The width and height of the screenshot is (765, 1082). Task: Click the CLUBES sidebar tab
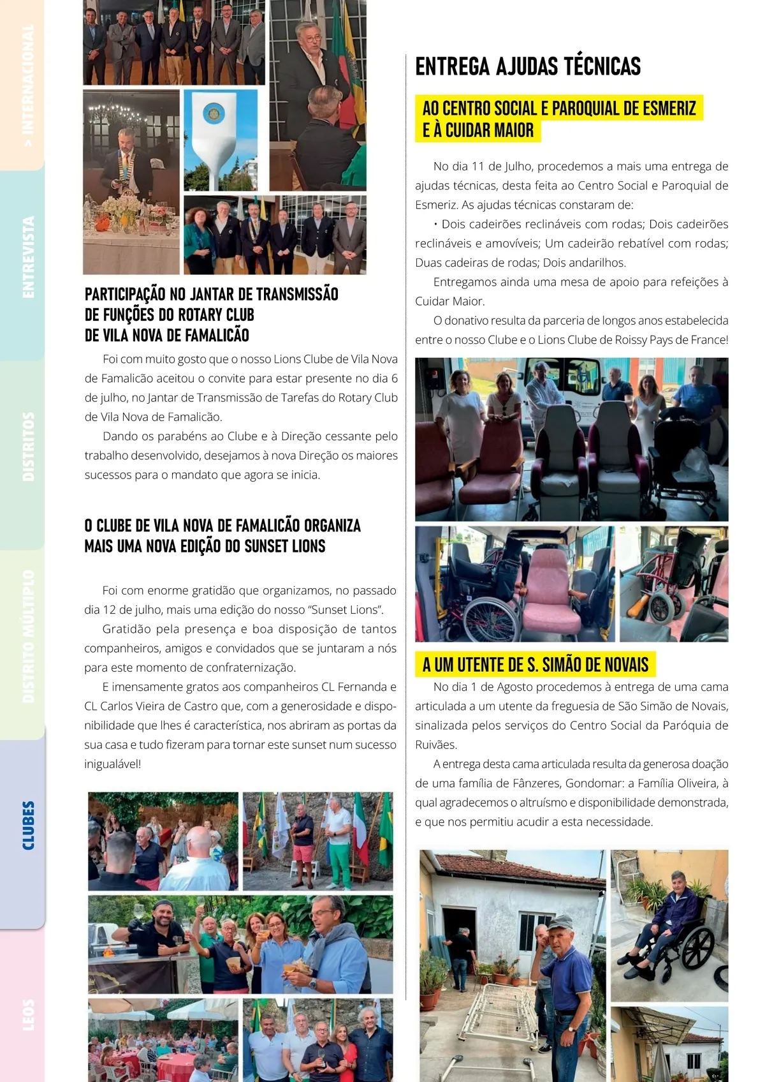click(28, 826)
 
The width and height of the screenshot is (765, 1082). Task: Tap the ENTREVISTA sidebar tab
click(28, 257)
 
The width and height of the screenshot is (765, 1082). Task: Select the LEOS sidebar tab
click(28, 1014)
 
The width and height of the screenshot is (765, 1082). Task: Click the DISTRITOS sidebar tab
click(28, 446)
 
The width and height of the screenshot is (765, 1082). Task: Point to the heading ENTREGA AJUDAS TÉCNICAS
click(528, 66)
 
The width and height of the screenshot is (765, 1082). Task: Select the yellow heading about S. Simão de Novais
click(535, 665)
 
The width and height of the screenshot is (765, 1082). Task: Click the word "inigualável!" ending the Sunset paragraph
click(112, 764)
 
